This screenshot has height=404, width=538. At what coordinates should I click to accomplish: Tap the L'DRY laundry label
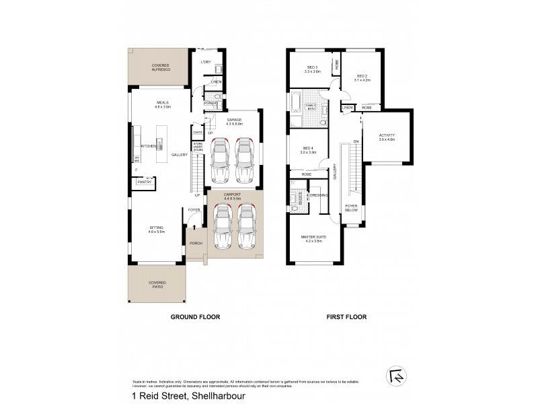point(207,62)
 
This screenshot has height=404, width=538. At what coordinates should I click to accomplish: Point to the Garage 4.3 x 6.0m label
point(233,121)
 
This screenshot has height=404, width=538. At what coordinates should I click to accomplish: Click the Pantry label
point(144,182)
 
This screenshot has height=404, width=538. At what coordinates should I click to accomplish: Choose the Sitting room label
point(156,229)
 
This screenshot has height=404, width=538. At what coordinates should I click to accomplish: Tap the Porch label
point(196,243)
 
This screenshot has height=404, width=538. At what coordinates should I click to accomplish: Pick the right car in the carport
point(247,228)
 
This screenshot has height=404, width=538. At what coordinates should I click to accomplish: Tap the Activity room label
point(387,137)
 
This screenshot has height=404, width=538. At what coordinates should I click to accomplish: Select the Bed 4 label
point(309,150)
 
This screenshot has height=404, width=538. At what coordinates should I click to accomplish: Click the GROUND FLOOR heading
point(195,316)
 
